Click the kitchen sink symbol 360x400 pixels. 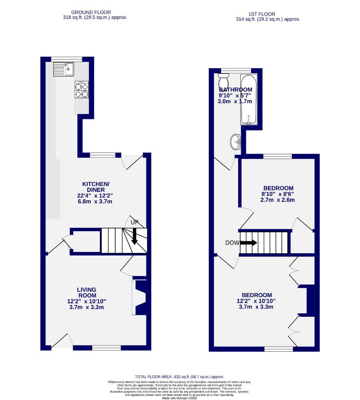tap(63, 69)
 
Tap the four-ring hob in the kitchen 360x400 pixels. tap(81, 90)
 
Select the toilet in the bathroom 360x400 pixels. tap(224, 80)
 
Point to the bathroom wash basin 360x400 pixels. tap(236, 141)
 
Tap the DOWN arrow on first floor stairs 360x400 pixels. tap(249, 243)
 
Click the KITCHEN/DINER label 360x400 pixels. tap(96, 187)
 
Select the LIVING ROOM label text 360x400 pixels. tap(87, 292)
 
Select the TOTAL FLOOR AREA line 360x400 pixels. tap(179, 377)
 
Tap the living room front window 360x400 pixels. tap(106, 348)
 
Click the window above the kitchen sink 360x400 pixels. tap(67, 59)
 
